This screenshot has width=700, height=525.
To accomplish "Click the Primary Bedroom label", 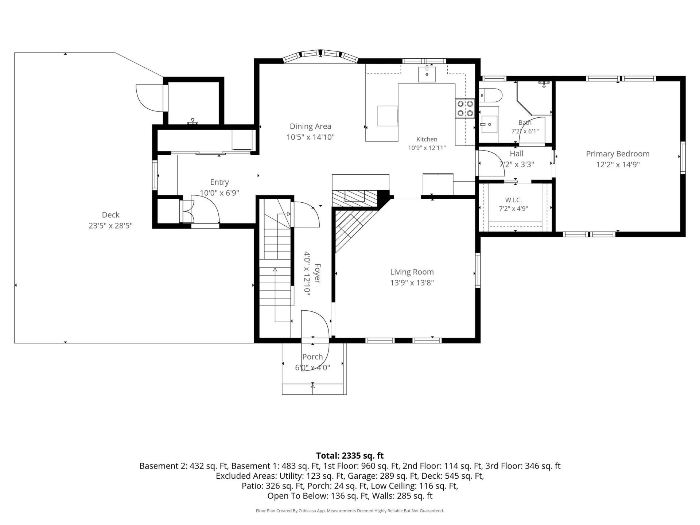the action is [618, 154].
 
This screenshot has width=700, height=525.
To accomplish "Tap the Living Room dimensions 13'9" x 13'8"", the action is [412, 283].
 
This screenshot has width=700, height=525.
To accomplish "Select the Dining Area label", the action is [311, 127].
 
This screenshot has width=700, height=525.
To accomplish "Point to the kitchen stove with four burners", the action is [465, 108].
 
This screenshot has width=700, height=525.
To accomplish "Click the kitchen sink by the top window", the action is [427, 74].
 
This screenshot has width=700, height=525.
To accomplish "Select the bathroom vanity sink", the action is [489, 125].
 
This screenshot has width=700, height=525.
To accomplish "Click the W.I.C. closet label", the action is [513, 200].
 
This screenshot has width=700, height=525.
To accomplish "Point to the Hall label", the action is [517, 154].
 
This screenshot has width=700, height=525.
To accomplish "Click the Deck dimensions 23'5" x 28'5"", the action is [110, 226].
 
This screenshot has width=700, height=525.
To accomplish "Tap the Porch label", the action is [312, 357].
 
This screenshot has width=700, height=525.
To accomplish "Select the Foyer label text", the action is [317, 273].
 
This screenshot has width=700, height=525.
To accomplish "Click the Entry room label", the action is [219, 182].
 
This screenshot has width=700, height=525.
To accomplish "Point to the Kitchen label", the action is [427, 139].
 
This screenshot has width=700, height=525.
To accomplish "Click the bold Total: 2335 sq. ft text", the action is [350, 455].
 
